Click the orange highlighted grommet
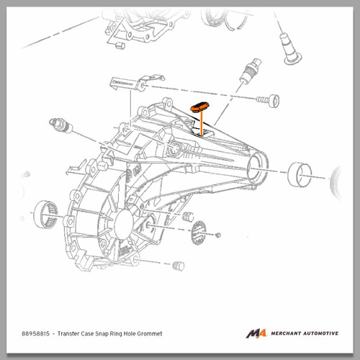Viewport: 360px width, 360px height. [x=199, y=107]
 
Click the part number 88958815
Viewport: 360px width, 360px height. [x=35, y=333]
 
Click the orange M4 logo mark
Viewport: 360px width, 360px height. [x=256, y=333]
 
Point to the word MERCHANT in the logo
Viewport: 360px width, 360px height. [x=286, y=333]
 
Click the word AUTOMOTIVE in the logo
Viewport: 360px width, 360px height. [x=321, y=333]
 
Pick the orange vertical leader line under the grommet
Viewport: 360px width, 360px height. [x=202, y=124]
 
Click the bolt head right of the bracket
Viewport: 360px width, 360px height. [x=269, y=101]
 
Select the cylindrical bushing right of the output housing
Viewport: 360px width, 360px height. [x=300, y=174]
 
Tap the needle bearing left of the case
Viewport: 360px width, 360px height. [x=45, y=214]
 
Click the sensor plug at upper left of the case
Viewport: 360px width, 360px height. [x=60, y=125]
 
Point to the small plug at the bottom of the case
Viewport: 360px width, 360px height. [x=179, y=266]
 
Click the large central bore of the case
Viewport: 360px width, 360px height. [x=124, y=224]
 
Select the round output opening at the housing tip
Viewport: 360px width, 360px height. [x=256, y=168]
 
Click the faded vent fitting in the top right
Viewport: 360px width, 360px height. [x=290, y=49]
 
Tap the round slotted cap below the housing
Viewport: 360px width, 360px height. [x=199, y=233]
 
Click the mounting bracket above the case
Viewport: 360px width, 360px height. [x=137, y=83]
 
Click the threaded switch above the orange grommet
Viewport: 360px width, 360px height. [x=250, y=71]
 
